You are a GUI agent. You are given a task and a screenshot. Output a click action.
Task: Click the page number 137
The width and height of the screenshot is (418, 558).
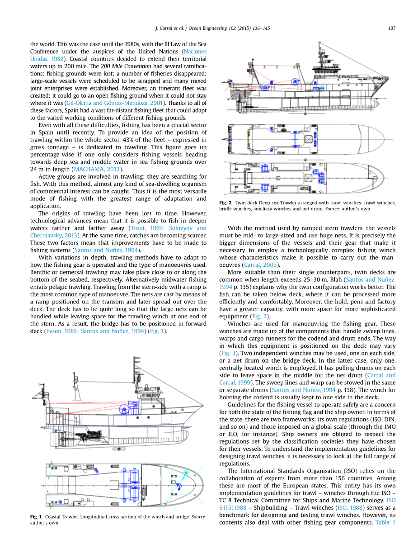[x=392, y=28]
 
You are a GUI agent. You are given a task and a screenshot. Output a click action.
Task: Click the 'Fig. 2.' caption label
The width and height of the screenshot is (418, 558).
[x=225, y=203]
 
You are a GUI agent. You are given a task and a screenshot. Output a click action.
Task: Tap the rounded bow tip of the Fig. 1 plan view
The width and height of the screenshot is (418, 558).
[x=204, y=485]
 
